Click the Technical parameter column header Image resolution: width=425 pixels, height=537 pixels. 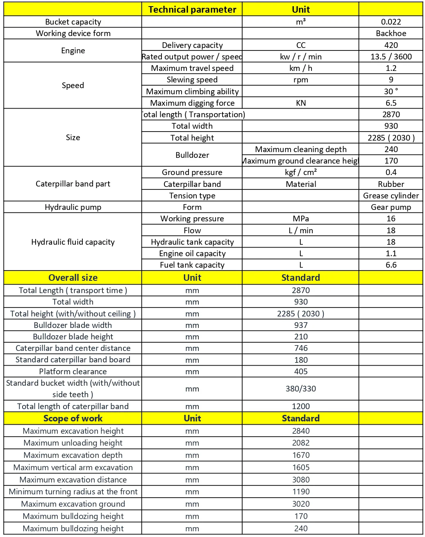(192, 9)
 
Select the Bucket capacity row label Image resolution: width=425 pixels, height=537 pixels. (73, 22)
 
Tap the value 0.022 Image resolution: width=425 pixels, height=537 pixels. (391, 22)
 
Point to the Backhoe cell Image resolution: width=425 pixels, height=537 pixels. (391, 33)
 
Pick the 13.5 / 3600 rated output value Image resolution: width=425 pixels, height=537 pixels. (391, 57)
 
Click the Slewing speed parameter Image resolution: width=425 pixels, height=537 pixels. (192, 80)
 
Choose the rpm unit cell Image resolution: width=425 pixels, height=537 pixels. (300, 80)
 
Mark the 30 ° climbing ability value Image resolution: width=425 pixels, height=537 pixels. (391, 91)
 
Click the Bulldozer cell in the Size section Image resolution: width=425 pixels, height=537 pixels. (192, 155)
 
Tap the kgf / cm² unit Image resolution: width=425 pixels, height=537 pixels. (300, 172)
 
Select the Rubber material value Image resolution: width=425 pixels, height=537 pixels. (391, 184)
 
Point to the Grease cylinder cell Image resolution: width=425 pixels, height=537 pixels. (391, 196)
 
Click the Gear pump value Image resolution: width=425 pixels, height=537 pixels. (391, 207)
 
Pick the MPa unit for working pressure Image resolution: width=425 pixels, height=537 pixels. (300, 218)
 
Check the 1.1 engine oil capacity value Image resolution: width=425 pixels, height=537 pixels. (391, 253)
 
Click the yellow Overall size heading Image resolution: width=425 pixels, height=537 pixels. (73, 278)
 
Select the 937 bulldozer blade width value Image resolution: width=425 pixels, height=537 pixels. (300, 325)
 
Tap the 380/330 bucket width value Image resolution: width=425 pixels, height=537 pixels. (300, 389)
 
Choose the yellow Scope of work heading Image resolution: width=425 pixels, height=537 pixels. (73, 418)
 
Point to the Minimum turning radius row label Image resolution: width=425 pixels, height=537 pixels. (73, 491)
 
